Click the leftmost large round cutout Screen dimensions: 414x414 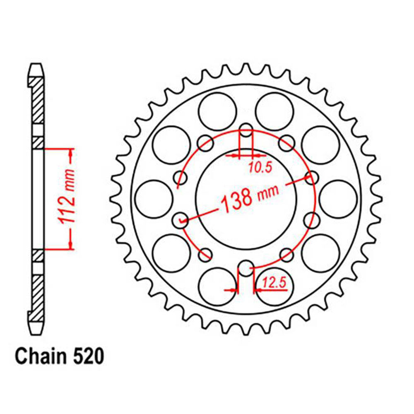154,199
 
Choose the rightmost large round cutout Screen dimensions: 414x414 338,199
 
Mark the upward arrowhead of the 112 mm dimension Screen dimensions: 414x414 71,156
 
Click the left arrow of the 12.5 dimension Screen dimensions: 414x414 232,290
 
